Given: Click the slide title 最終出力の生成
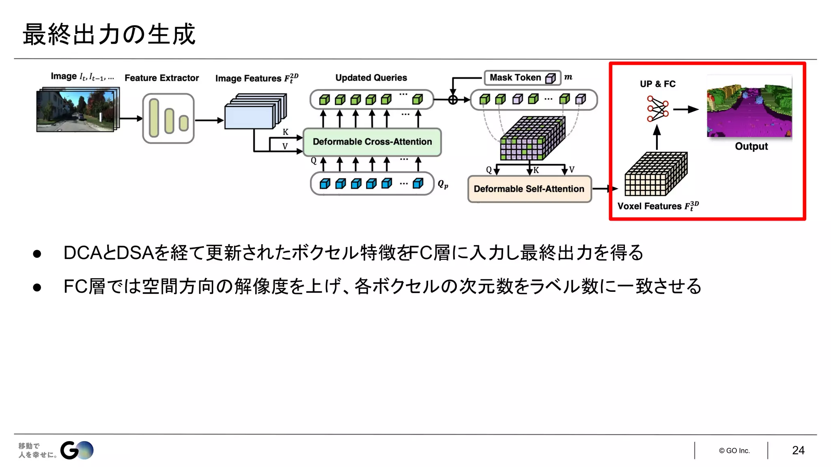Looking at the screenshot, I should [x=109, y=34].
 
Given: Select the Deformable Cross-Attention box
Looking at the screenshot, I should [x=372, y=142].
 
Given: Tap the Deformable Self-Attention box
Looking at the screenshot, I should [x=529, y=189].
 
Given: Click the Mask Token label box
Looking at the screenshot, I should [x=522, y=77].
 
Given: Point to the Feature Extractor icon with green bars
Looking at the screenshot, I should [x=168, y=118].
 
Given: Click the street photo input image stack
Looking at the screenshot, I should [x=77, y=110].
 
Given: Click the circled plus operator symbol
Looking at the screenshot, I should [x=453, y=100].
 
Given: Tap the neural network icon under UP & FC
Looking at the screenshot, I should [x=657, y=109].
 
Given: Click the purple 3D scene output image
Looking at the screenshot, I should [x=749, y=107].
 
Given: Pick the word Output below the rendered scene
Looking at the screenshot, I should [x=751, y=146].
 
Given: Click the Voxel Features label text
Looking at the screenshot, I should [x=657, y=206].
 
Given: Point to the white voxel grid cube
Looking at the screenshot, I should [x=655, y=174].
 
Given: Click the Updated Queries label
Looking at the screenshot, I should [x=371, y=78].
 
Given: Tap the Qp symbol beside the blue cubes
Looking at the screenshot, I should [x=443, y=184].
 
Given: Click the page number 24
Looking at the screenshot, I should [x=798, y=450].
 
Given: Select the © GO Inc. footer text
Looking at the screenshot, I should [x=734, y=451].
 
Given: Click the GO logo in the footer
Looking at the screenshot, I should [x=77, y=450].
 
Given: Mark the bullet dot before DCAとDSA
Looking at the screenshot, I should [x=37, y=254].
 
